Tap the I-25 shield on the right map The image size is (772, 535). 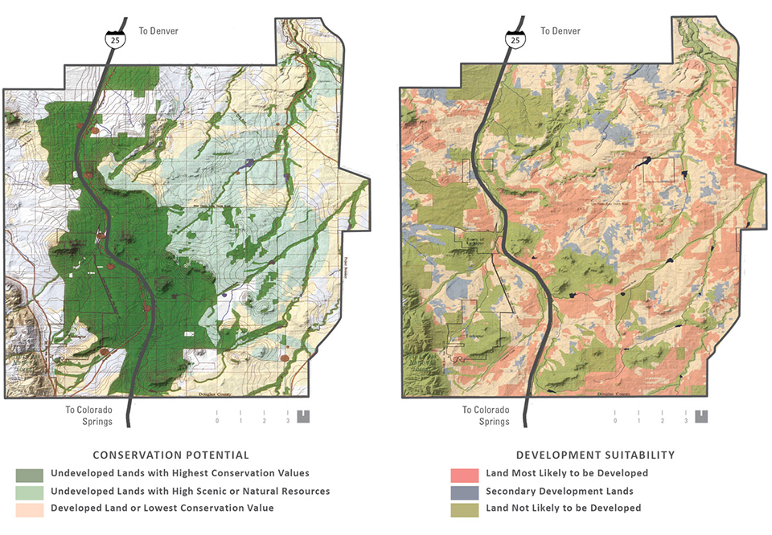(515, 38)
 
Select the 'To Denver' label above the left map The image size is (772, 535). (159, 31)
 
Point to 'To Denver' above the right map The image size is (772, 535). (561, 31)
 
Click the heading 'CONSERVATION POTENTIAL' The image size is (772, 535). (170, 455)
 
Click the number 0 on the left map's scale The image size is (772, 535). (216, 420)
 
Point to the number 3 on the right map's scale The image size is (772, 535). (686, 420)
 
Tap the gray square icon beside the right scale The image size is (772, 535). (702, 416)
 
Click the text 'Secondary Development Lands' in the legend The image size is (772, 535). (559, 491)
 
